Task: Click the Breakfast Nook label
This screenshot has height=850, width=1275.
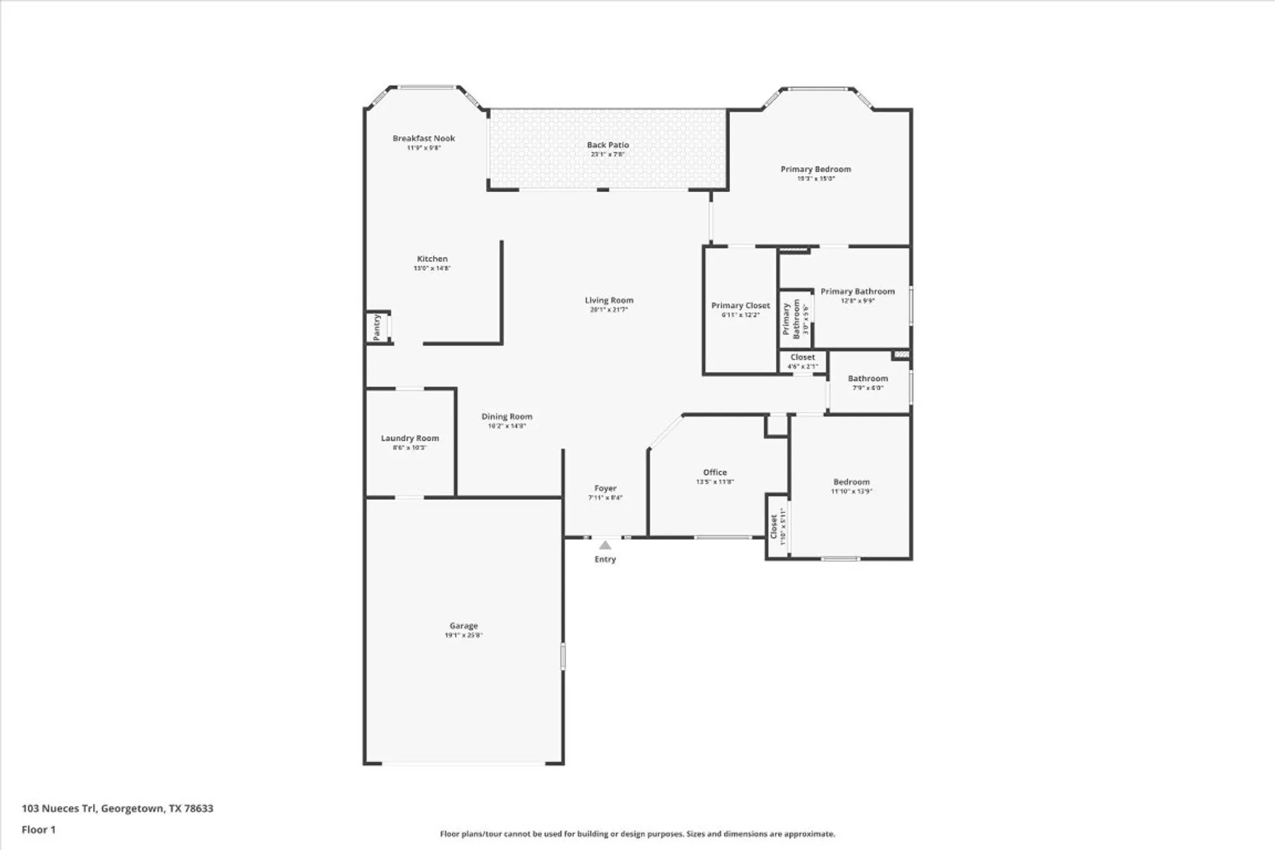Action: tap(423, 138)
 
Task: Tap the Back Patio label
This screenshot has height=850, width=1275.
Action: tap(608, 145)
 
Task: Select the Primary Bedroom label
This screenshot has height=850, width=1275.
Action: tap(815, 170)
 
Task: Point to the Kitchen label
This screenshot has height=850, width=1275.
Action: tap(432, 259)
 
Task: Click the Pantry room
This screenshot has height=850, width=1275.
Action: tap(377, 327)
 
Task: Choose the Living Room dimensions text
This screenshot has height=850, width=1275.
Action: tap(608, 310)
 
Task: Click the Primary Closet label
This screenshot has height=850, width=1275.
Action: tap(740, 306)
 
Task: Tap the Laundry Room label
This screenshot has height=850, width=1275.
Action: tap(409, 439)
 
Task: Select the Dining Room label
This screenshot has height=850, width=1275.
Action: tap(506, 417)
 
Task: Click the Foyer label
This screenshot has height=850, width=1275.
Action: tap(605, 488)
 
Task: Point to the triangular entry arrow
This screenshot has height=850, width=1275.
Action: tap(605, 545)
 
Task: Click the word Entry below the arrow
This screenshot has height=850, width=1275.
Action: tap(605, 559)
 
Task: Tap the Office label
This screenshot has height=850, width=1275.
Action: tap(715, 473)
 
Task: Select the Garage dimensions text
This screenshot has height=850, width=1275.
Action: tap(463, 635)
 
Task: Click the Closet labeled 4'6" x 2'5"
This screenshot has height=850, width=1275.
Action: tap(802, 361)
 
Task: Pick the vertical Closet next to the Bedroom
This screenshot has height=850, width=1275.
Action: tap(777, 526)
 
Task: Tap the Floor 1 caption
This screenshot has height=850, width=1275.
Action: tap(38, 830)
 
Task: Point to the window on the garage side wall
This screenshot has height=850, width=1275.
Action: tap(562, 656)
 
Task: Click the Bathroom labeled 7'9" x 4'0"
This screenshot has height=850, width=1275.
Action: tap(867, 382)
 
